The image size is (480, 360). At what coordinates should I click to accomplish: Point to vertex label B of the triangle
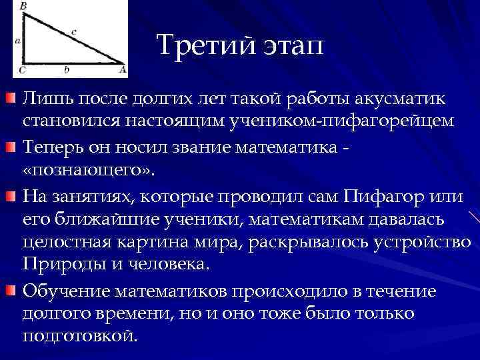tap(23, 6)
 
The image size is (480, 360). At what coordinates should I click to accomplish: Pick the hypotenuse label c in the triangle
tap(73, 31)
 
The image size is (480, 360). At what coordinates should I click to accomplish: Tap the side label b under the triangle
tap(65, 69)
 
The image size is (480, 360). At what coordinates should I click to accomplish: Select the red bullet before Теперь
tap(11, 146)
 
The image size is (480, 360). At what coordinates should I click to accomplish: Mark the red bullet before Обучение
tap(11, 288)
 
